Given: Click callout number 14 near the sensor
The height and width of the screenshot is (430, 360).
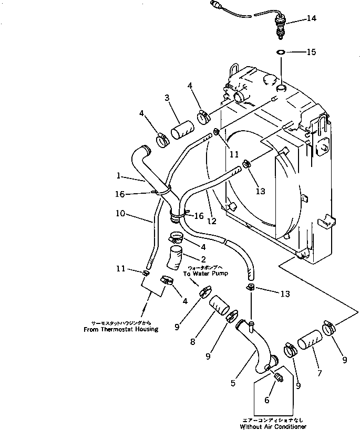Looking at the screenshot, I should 312,19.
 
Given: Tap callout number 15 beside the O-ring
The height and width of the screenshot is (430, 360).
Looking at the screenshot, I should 312,52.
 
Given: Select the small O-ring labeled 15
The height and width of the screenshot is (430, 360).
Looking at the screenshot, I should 281,53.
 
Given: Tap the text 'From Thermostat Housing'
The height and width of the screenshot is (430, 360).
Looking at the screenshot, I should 121,330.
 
